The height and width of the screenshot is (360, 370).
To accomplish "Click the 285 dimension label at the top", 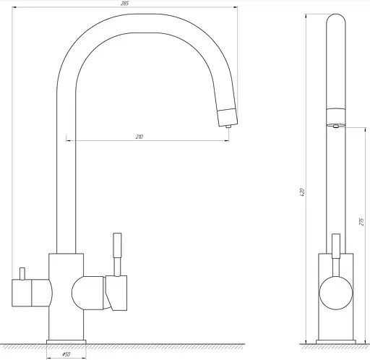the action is [125, 4].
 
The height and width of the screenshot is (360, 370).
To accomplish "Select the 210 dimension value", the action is [139, 137].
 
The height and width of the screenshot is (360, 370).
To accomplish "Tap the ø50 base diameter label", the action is [66, 354].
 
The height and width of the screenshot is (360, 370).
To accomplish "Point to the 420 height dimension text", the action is [303, 192].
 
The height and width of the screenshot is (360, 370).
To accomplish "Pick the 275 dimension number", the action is [361, 222].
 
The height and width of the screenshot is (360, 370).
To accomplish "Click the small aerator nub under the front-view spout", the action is [228, 126].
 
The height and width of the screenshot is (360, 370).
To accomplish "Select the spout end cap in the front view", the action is [228, 117].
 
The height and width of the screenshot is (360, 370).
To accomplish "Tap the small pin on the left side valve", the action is [22, 274].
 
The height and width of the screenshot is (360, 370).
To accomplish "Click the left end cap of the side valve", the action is [22, 293].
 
